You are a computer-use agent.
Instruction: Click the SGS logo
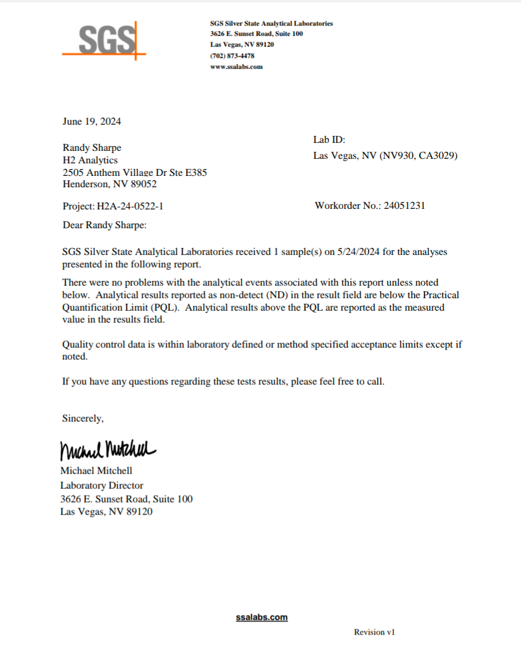pos(104,40)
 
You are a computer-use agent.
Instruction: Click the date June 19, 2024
pos(92,121)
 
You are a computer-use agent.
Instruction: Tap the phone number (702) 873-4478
pos(232,56)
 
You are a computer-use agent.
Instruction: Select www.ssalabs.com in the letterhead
pos(236,67)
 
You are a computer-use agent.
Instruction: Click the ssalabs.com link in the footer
pos(262,618)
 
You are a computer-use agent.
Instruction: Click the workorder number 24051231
pos(404,205)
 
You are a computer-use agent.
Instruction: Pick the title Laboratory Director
pos(102,486)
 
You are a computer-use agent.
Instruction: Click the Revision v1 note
pos(374,632)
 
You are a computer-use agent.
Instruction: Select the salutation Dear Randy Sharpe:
pos(105,225)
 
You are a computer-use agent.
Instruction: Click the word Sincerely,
pos(83,419)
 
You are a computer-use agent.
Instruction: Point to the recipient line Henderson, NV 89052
pos(109,184)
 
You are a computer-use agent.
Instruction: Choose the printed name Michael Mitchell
pos(96,471)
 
